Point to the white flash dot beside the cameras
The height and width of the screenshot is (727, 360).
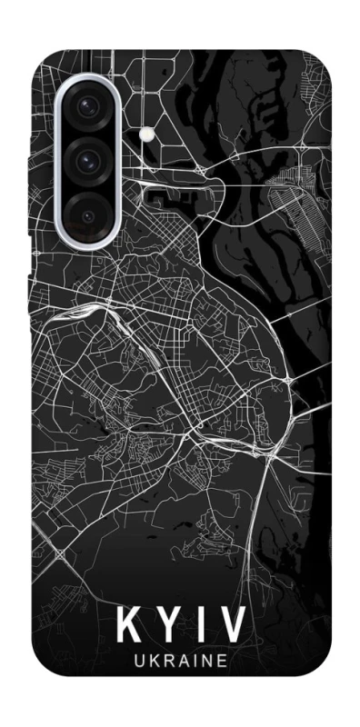click(145, 134)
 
